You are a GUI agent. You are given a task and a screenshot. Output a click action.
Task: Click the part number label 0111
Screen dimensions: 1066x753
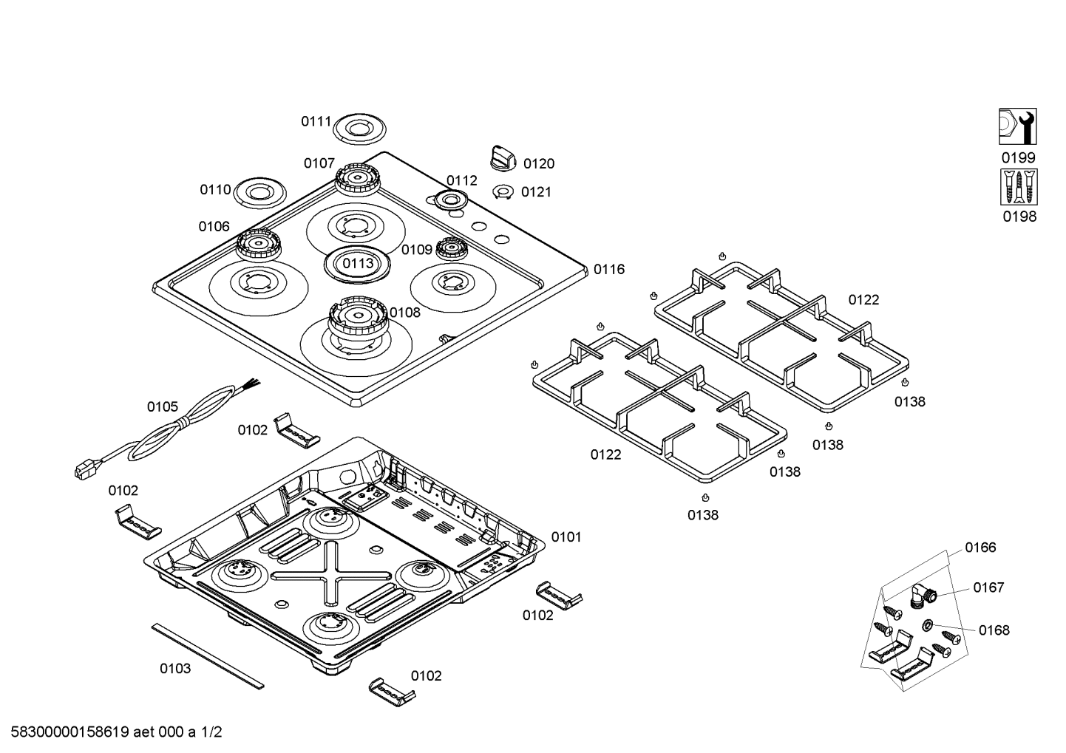(x=316, y=122)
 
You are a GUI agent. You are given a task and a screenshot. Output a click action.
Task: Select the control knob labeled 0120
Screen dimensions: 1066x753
(x=503, y=157)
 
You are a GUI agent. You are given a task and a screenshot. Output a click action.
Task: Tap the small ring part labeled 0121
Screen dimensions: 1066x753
(x=503, y=192)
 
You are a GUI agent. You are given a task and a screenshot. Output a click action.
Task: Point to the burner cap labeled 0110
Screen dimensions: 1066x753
(x=260, y=193)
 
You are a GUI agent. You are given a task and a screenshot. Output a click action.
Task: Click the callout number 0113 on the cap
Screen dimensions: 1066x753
(x=358, y=263)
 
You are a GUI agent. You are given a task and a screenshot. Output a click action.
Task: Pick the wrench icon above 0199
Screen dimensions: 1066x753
(x=1018, y=126)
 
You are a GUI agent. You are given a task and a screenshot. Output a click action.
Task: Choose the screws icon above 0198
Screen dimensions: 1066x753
(x=1019, y=186)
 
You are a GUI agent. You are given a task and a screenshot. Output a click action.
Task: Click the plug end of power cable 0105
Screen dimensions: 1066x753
(x=84, y=470)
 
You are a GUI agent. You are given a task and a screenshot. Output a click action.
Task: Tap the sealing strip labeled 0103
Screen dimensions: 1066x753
(x=208, y=656)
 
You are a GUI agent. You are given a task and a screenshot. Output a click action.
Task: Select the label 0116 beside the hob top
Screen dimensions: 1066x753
(x=608, y=270)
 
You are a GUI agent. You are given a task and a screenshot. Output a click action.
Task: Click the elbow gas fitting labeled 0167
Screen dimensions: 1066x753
(x=923, y=596)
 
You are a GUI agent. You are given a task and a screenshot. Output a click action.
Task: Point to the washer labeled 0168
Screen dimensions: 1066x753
(x=928, y=625)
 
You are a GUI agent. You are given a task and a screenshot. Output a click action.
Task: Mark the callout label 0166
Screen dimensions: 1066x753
(x=980, y=548)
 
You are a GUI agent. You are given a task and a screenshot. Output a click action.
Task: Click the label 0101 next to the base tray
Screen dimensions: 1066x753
(x=566, y=537)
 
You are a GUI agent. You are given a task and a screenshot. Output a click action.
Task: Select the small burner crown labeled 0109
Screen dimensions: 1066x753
(x=451, y=248)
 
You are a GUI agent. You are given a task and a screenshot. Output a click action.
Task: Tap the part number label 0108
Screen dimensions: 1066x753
(x=405, y=313)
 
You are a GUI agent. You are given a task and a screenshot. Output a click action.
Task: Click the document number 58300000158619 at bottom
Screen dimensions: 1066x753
(x=69, y=732)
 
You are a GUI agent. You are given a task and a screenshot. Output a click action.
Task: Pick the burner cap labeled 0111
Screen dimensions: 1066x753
(x=359, y=129)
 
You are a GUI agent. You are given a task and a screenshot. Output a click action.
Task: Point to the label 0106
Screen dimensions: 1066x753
(x=214, y=226)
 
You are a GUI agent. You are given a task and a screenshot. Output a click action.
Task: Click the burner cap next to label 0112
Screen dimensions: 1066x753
(x=450, y=200)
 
